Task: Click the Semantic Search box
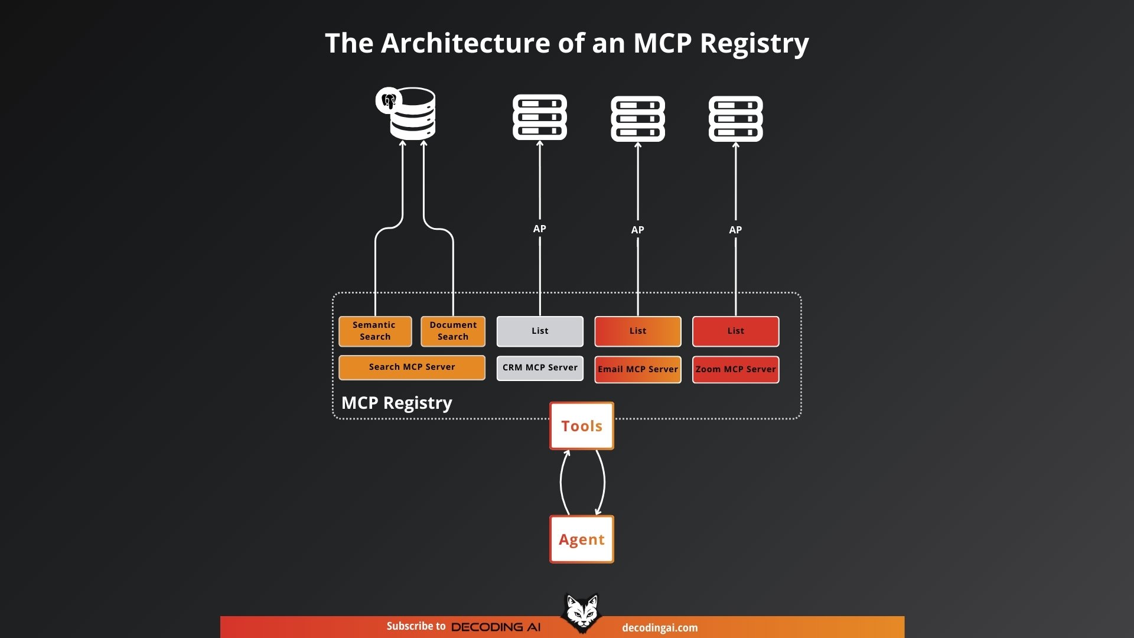pos(375,331)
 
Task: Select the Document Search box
pos(453,331)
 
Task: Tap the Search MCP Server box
pos(412,367)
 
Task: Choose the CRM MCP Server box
pos(540,367)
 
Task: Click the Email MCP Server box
pos(638,369)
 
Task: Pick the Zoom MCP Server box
pos(735,369)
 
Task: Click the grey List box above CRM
pos(540,331)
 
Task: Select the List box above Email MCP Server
pos(638,331)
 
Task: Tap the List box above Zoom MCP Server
pos(735,331)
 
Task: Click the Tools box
pos(582,426)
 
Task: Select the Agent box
pos(582,539)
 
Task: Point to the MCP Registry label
pos(397,403)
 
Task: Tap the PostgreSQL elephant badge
pos(388,100)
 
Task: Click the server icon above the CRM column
pos(540,117)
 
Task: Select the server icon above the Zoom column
pos(735,119)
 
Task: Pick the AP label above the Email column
pos(638,230)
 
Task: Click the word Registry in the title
pos(754,44)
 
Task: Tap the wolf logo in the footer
pos(582,613)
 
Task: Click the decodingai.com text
pos(660,628)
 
